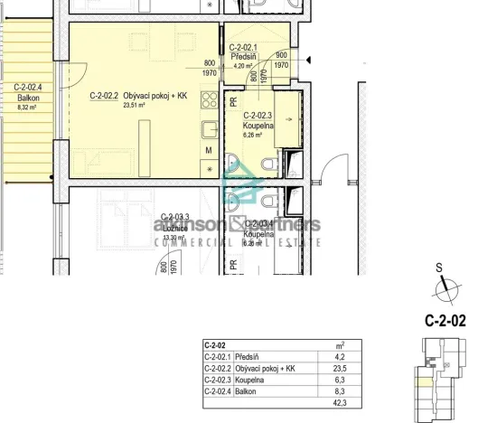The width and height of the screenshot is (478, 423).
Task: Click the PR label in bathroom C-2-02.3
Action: coord(233,104)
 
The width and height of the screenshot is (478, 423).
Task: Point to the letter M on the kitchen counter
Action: coord(208,150)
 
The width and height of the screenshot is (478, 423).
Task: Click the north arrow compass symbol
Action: coord(442,288)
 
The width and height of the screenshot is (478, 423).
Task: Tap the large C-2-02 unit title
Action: coord(445,320)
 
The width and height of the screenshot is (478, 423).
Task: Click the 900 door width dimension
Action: coord(281,55)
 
